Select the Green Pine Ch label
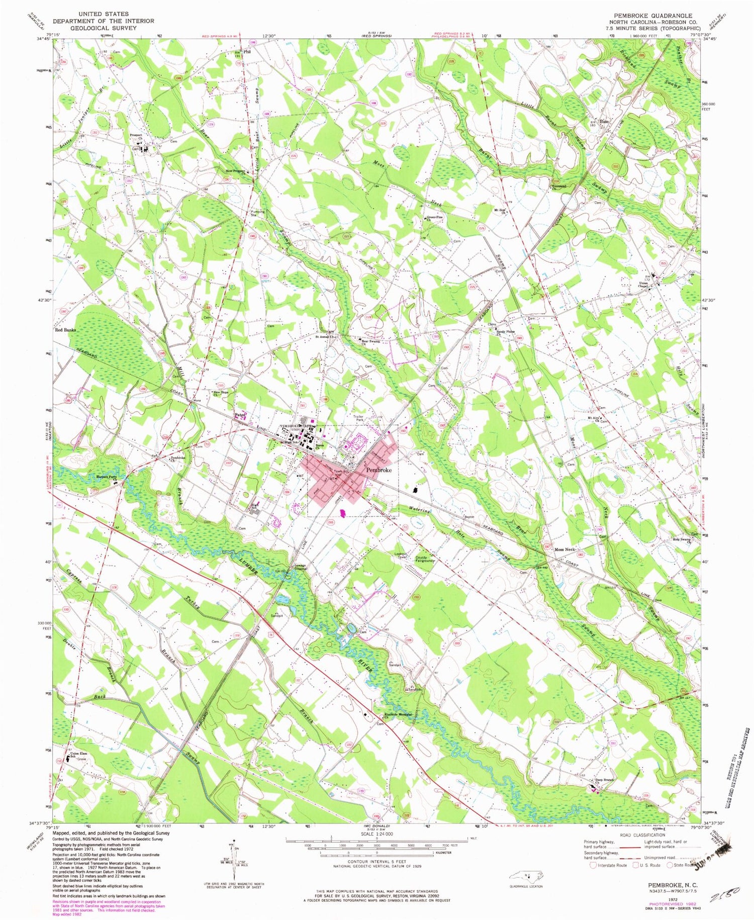point(435,219)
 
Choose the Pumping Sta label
point(258,214)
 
